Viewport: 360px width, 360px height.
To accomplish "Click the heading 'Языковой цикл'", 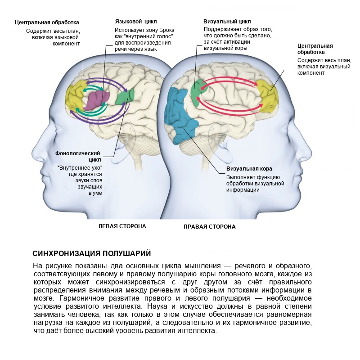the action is [136, 22].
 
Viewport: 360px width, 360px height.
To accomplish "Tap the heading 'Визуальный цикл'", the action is [227, 22].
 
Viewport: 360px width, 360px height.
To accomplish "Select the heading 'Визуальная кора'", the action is [249, 169].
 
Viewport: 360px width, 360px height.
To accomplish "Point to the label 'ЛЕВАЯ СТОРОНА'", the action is [122, 226].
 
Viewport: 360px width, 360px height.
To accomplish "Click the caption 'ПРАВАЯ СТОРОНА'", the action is [210, 227].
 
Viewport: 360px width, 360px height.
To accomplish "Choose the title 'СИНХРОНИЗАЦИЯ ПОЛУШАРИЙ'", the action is [92, 253].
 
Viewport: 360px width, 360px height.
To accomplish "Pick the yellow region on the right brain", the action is [268, 96].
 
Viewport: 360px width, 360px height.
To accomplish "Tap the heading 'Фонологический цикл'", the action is [78, 156].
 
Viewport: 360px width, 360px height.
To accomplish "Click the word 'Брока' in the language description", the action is [167, 30].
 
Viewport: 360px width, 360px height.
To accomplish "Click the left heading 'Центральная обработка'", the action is [47, 22].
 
